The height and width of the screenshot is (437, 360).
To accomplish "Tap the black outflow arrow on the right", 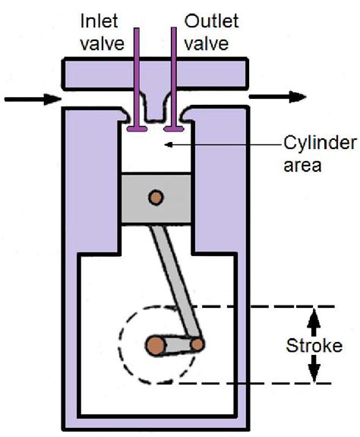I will tap(274, 97).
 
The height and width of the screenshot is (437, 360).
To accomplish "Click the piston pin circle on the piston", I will tap(155, 198).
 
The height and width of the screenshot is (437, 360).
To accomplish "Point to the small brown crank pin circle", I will tap(197, 344).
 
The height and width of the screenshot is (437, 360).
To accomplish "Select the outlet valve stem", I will tap(177, 76).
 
